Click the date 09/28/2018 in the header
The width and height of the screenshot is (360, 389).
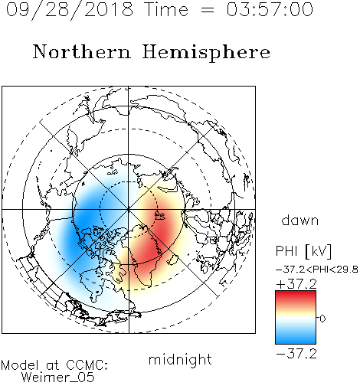point(70,10)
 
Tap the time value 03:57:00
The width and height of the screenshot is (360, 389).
point(270,9)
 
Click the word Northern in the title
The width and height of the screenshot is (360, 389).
point(82,51)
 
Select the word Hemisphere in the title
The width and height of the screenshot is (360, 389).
point(206,52)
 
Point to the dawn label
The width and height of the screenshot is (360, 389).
point(300,220)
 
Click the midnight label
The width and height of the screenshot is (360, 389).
point(180,360)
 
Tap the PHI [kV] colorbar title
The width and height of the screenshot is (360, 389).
point(303,251)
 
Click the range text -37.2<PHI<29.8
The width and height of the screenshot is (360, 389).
point(317,270)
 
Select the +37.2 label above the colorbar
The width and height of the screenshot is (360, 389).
point(296,284)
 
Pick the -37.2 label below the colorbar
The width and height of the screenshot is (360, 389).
point(296,354)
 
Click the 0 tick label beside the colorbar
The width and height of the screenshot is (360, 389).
point(322,319)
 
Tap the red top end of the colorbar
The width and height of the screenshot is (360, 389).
point(296,293)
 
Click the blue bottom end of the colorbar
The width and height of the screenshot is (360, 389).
point(296,341)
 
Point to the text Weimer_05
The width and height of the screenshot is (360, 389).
point(58,378)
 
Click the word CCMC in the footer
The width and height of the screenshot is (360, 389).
point(86,365)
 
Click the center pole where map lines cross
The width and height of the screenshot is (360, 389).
point(129,209)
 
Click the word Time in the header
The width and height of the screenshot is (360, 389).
point(166,9)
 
